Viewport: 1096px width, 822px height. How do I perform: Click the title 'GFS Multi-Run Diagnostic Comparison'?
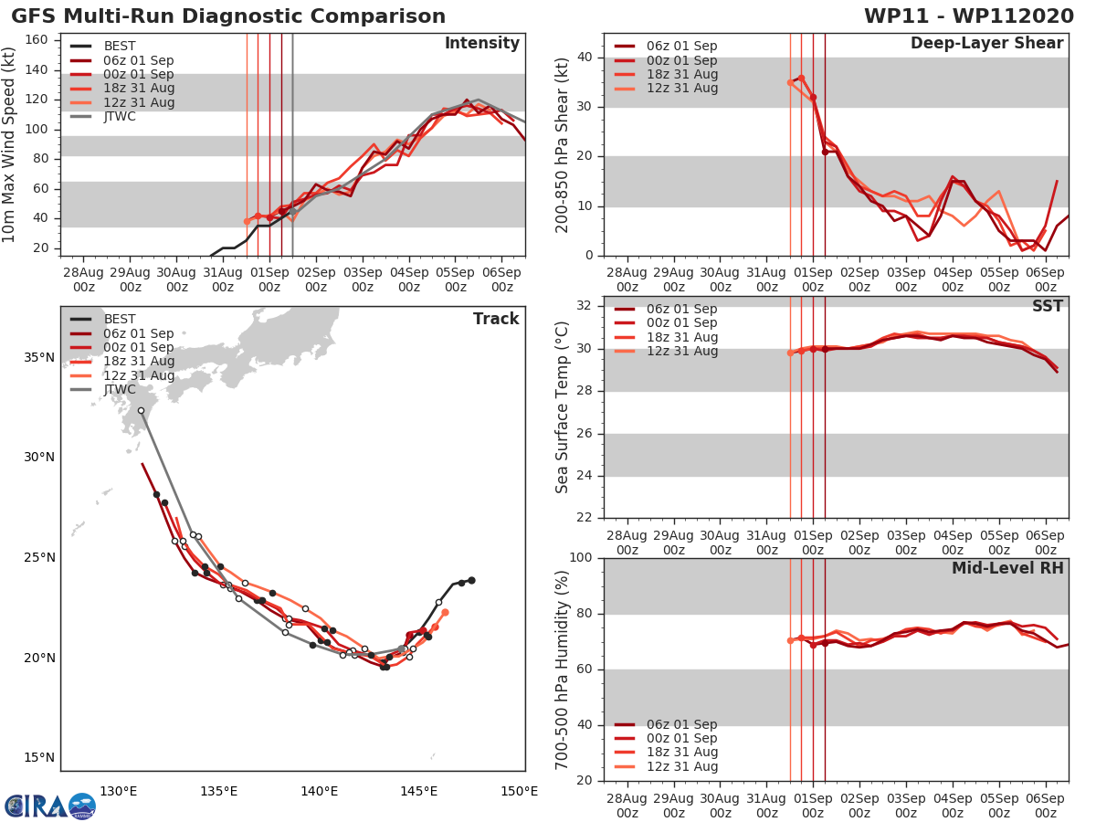tap(228, 16)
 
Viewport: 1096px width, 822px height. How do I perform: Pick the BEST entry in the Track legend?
tap(120, 319)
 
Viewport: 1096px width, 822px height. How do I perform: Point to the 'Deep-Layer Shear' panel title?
tap(986, 44)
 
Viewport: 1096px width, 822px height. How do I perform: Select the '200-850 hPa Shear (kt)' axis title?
tap(563, 145)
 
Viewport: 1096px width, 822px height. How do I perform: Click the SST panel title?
tap(1048, 306)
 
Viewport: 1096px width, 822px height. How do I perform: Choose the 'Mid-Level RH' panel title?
tap(1007, 568)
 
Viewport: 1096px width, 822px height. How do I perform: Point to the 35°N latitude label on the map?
tap(39, 357)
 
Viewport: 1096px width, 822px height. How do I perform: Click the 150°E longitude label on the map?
tap(519, 791)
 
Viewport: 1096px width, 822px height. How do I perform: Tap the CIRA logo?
tap(49, 806)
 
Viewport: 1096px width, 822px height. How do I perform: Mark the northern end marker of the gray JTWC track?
tap(141, 411)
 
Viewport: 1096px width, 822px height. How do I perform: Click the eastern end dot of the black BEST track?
tap(471, 580)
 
